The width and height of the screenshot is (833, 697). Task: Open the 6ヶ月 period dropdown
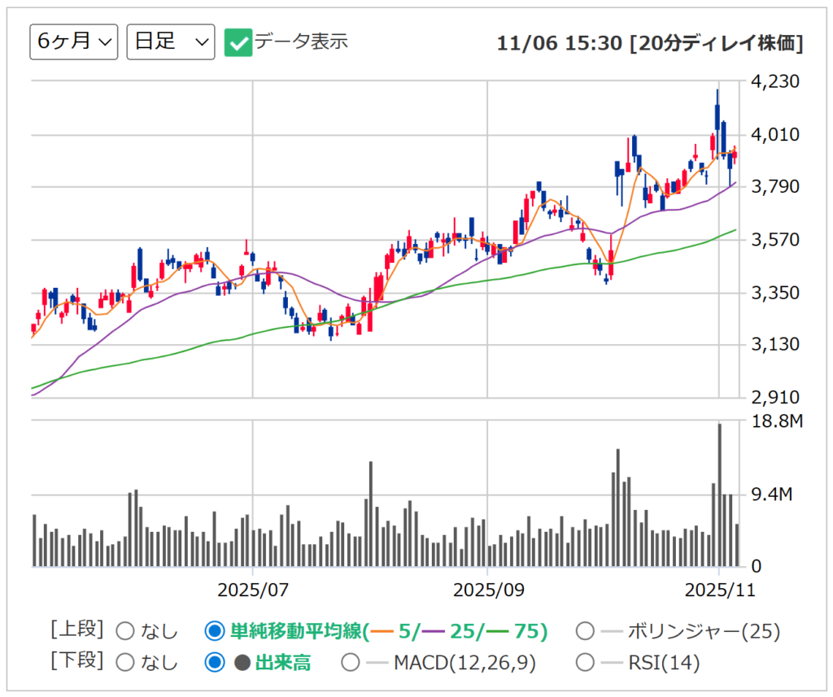[73, 42]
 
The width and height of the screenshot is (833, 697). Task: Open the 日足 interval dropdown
[171, 42]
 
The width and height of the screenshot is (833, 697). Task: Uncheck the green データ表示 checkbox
[238, 42]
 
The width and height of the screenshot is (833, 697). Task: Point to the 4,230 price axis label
[778, 82]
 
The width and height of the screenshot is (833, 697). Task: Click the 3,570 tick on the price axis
[778, 240]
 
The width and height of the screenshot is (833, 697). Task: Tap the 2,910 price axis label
[778, 398]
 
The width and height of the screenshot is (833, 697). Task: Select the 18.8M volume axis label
[778, 421]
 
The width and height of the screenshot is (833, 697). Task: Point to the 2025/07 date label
[253, 589]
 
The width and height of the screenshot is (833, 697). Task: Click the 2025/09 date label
[486, 589]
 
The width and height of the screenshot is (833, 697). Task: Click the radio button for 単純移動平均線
[215, 631]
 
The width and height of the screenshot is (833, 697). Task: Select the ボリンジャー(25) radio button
[584, 631]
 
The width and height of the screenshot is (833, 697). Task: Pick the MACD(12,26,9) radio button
[350, 663]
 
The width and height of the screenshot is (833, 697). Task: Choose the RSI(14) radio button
[584, 663]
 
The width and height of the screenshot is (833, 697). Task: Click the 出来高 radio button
[215, 663]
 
